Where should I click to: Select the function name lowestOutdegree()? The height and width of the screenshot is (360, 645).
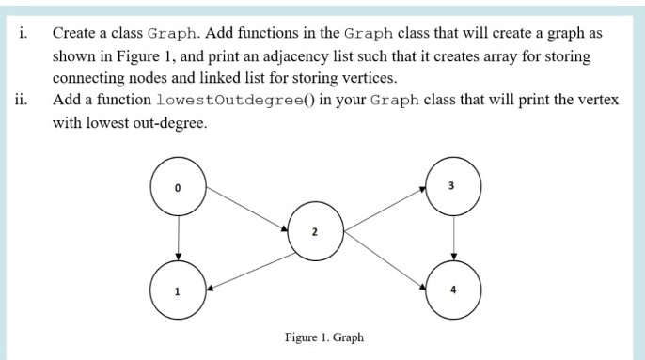[226, 100]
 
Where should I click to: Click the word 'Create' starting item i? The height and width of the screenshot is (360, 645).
[71, 31]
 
